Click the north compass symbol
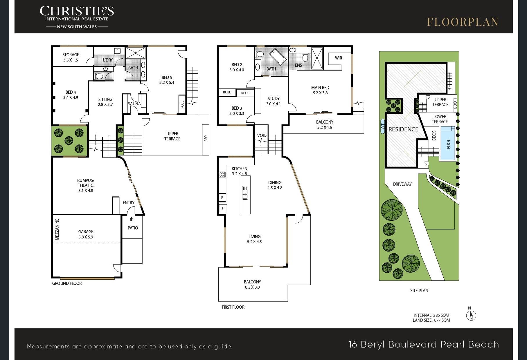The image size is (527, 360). (471, 315)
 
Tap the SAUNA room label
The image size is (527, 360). (134, 104)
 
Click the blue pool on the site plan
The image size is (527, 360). (448, 143)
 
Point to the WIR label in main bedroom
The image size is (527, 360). (339, 58)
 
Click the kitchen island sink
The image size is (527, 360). (245, 192)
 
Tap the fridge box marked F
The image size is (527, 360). (223, 208)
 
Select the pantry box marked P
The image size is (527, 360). (222, 198)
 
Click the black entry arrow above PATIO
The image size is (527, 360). (131, 219)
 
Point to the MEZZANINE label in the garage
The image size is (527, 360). (57, 230)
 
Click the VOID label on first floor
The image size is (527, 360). (262, 135)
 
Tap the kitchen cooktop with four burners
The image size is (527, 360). (222, 174)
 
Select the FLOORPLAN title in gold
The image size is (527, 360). (463, 22)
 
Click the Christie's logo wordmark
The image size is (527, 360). (77, 11)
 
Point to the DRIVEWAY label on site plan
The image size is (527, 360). (402, 184)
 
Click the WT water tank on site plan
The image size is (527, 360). (383, 126)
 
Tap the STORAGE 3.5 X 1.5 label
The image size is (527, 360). (71, 57)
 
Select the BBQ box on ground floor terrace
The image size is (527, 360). (206, 139)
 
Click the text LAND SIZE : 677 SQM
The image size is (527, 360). (431, 320)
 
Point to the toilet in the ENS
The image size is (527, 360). (305, 57)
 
